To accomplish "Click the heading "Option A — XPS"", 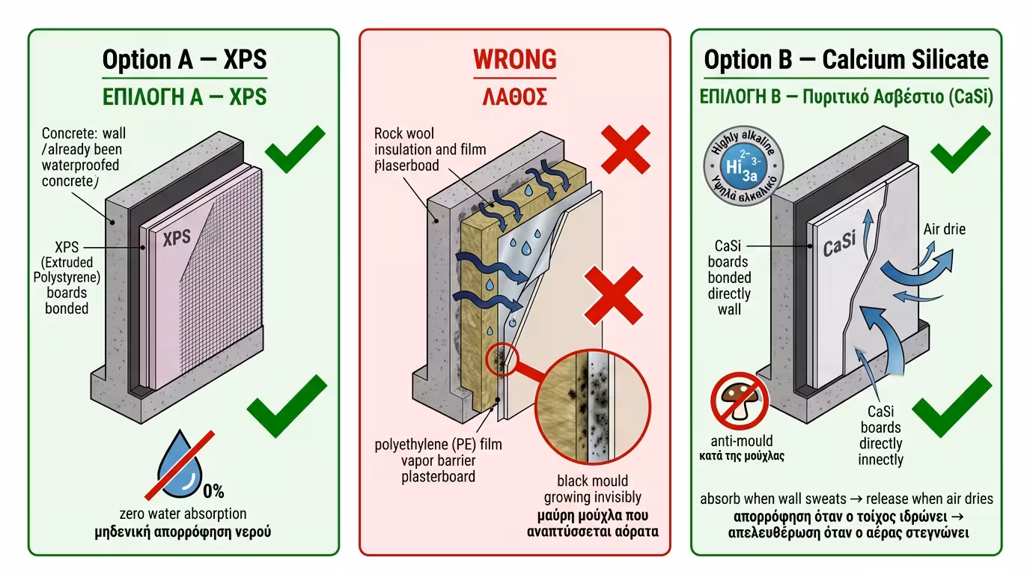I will (x=184, y=60).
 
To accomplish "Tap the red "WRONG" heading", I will (x=514, y=59).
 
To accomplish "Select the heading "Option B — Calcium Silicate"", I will (x=846, y=60).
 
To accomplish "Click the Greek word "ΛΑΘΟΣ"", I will (x=514, y=96).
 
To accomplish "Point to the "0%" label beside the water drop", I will (x=213, y=492).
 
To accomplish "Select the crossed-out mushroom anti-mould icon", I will (x=740, y=401).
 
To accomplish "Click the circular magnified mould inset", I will (x=593, y=407).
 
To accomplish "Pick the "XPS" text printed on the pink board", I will (x=177, y=237).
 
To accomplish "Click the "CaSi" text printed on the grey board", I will (x=839, y=244).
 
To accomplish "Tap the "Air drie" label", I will (x=944, y=229).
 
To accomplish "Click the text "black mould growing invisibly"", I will (x=592, y=489).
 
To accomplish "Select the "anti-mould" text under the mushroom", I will (x=742, y=440).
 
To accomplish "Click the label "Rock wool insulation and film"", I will (x=430, y=142).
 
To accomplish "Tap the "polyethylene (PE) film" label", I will (x=438, y=445).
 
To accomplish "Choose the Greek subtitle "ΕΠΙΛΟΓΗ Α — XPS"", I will (x=184, y=97).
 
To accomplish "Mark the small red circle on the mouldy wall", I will (x=499, y=359).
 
